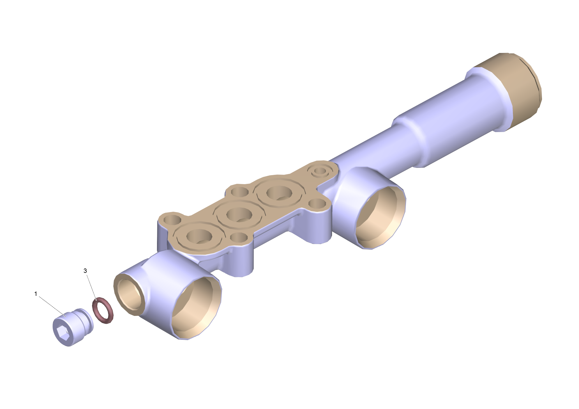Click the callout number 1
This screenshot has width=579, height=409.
pyautogui.click(x=36, y=294)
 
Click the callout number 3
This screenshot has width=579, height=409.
pyautogui.click(x=85, y=271)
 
